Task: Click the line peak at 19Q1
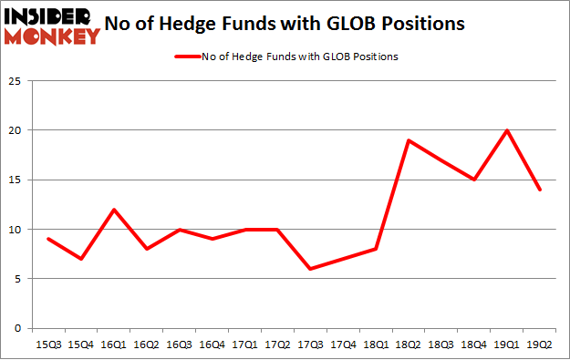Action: pos(507,130)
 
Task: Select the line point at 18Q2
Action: pos(409,140)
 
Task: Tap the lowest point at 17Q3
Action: pos(310,269)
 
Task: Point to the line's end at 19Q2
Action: pos(540,190)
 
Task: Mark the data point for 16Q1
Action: pos(113,210)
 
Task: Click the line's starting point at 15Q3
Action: pos(47,239)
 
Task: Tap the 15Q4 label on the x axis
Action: pos(80,344)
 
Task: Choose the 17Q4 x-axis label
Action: pos(343,344)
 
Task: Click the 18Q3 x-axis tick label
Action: pos(441,344)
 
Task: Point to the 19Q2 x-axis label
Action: pos(540,344)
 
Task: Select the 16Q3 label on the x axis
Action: pos(179,344)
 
